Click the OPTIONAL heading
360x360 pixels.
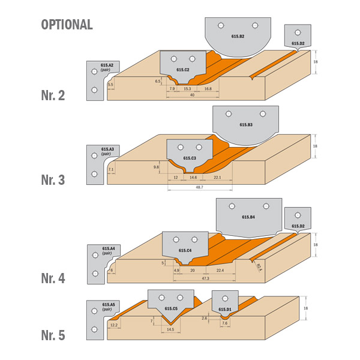(67, 25)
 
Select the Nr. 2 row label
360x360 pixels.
(53, 95)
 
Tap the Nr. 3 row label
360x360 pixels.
(53, 179)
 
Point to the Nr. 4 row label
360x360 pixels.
(53, 278)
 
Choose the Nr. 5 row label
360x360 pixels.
(53, 335)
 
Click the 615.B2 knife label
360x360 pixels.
(238, 37)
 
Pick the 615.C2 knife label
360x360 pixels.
(183, 70)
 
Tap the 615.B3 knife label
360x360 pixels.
(246, 125)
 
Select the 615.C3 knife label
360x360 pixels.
(190, 158)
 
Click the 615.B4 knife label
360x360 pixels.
(248, 218)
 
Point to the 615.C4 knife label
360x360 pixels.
(185, 250)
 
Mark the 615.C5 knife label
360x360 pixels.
(171, 309)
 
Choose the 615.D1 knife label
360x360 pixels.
(224, 310)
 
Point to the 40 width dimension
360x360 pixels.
(192, 95)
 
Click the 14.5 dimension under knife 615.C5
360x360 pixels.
(170, 329)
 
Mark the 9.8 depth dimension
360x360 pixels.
(156, 167)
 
